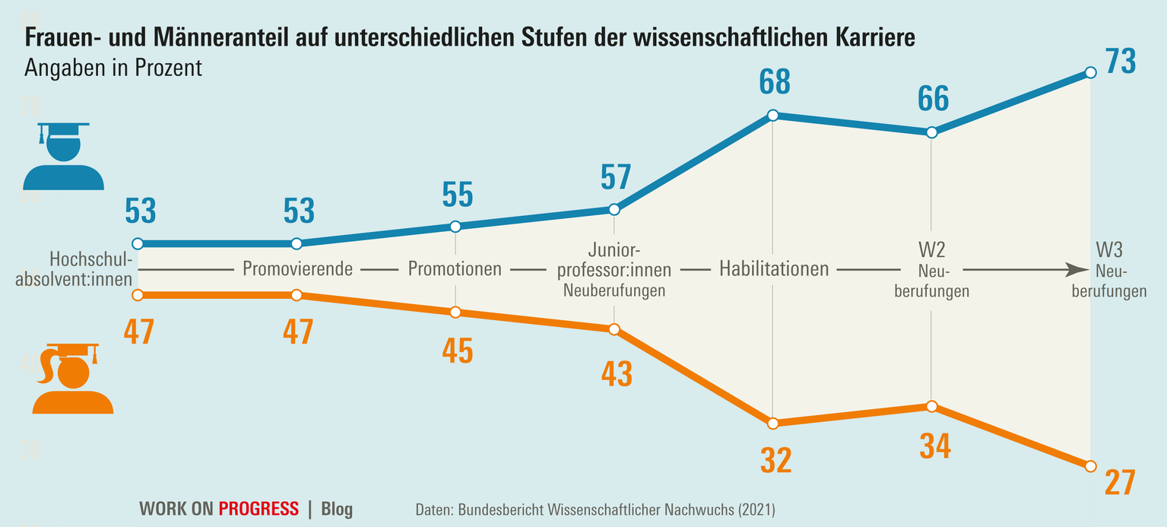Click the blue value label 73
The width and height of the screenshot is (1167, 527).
tap(1120, 62)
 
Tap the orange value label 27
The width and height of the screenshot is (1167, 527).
tap(1120, 483)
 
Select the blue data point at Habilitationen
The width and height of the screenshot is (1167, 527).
tap(772, 116)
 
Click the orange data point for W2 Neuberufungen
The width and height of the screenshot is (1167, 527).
tap(932, 406)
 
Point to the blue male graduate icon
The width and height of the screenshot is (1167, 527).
tap(63, 155)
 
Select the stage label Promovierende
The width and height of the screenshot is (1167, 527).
tap(297, 268)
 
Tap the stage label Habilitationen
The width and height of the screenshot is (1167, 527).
tap(773, 268)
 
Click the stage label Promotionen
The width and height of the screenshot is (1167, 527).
tap(455, 268)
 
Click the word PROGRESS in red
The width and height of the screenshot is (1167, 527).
tap(258, 509)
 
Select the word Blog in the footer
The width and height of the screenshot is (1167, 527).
tap(337, 509)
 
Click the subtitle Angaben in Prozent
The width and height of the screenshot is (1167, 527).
tap(113, 68)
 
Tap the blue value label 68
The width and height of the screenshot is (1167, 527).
tap(774, 83)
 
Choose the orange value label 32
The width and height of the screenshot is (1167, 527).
tap(775, 461)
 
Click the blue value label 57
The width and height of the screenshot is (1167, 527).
tap(615, 177)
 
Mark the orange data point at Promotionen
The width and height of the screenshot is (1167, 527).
tap(455, 313)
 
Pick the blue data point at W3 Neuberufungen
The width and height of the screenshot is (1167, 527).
tap(1090, 72)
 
